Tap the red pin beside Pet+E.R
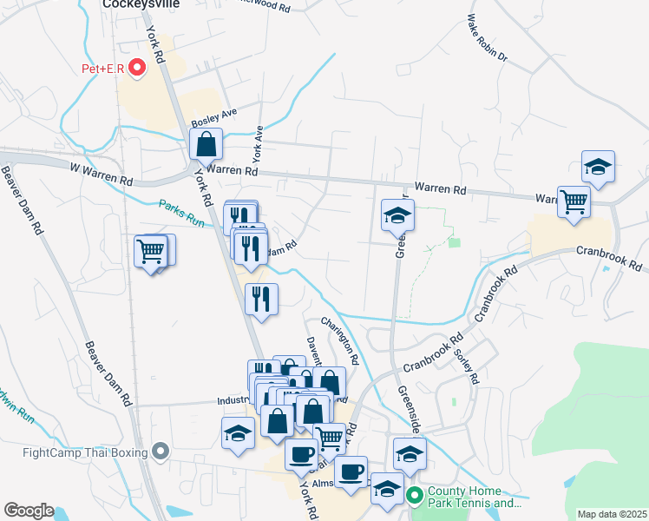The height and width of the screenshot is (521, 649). tap(135, 67)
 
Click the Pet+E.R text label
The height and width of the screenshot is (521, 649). tap(102, 67)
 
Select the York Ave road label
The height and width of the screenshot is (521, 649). tap(257, 145)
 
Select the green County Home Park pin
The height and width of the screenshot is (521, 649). tap(415, 497)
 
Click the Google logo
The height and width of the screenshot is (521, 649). tap(29, 511)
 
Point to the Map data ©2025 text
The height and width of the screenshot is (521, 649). tap(612, 514)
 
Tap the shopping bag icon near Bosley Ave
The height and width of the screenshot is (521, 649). tap(206, 144)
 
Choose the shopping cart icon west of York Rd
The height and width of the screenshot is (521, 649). tap(151, 252)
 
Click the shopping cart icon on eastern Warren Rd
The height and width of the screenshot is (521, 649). tap(574, 201)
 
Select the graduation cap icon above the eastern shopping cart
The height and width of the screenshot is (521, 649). tap(598, 166)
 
